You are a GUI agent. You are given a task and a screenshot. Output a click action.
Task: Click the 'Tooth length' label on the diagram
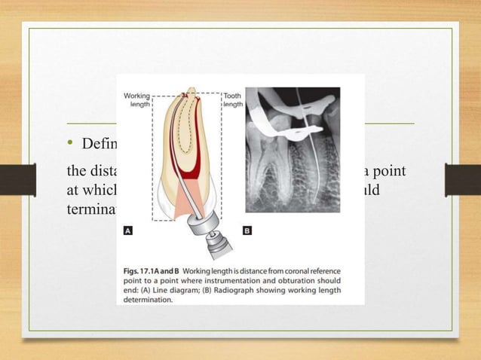(x=233, y=100)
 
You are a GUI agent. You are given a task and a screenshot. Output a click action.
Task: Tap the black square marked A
(x=127, y=231)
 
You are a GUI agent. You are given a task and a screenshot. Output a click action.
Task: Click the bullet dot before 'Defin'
(x=69, y=143)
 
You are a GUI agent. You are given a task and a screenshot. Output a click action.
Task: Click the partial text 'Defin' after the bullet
(x=97, y=143)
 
